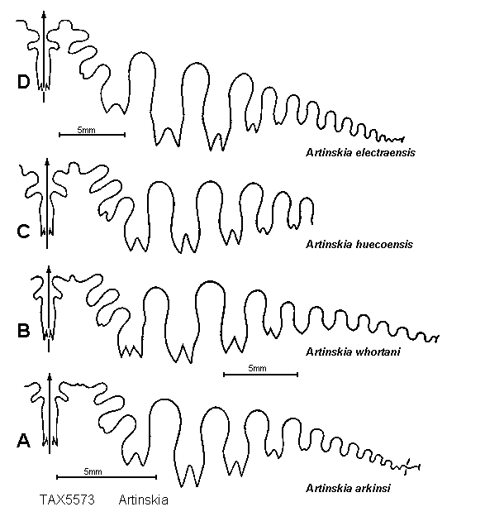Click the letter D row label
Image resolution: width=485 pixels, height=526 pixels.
(x=23, y=82)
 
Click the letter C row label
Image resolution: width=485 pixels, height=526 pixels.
(x=23, y=232)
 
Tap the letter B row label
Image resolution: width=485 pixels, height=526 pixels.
(x=23, y=331)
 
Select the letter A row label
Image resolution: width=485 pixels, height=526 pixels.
(x=23, y=441)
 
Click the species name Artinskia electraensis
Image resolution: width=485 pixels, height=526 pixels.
(x=360, y=153)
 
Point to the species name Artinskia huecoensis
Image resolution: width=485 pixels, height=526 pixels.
(x=359, y=244)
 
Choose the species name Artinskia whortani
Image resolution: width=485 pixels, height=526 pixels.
(x=353, y=351)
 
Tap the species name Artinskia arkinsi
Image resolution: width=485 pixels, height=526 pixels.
(x=348, y=488)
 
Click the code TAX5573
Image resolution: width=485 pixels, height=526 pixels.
(x=67, y=500)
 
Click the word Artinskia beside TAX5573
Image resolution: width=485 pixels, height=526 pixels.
(x=144, y=500)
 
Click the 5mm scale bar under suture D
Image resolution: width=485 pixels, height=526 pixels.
(x=93, y=135)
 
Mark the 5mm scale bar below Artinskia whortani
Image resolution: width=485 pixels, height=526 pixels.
(x=260, y=375)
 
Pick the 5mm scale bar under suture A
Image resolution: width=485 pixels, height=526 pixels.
(x=107, y=477)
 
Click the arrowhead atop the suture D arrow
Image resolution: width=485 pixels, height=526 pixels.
(x=44, y=14)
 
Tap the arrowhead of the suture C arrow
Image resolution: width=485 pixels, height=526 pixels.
(x=47, y=162)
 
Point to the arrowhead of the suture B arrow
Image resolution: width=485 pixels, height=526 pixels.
(x=49, y=270)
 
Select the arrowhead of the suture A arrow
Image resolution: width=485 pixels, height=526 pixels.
(x=50, y=377)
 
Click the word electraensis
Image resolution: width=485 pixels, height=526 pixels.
(x=386, y=153)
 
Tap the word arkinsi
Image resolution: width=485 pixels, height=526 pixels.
(x=373, y=488)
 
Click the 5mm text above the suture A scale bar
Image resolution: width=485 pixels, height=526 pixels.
(x=93, y=471)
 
